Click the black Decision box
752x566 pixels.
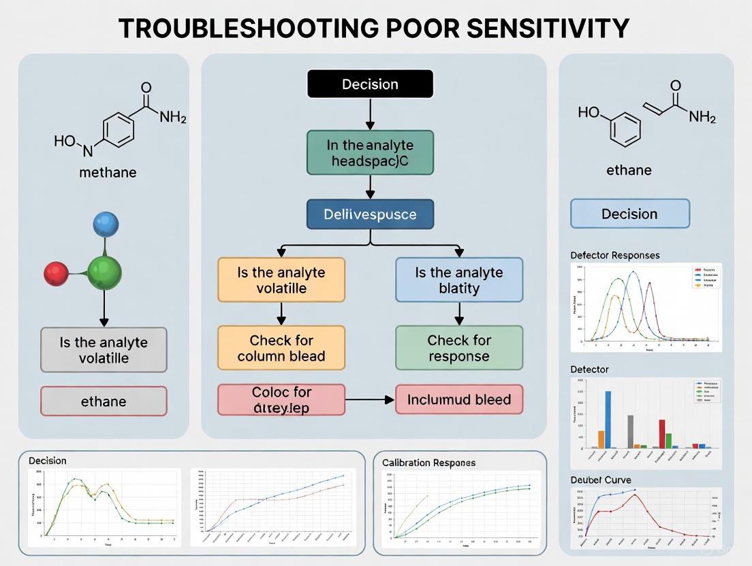(x=370, y=84)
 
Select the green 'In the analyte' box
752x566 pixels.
(x=370, y=152)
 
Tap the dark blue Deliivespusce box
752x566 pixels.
(x=370, y=214)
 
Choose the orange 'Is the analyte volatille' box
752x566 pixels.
(x=281, y=280)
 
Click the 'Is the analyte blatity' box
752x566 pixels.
(x=459, y=280)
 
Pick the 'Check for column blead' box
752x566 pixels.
(x=281, y=348)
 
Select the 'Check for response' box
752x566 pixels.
(x=459, y=348)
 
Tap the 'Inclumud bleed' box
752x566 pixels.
(x=459, y=399)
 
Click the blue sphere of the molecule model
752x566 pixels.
(x=105, y=224)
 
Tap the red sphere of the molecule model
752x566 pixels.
(x=56, y=273)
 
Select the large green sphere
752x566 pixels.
(x=104, y=272)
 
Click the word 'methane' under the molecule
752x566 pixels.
(x=108, y=172)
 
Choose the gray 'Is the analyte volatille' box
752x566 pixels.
(x=104, y=350)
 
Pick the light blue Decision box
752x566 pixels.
(x=629, y=214)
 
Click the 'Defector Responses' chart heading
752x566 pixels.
(x=614, y=255)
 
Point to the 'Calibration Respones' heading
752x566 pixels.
(x=428, y=463)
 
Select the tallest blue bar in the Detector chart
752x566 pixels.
(x=608, y=419)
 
